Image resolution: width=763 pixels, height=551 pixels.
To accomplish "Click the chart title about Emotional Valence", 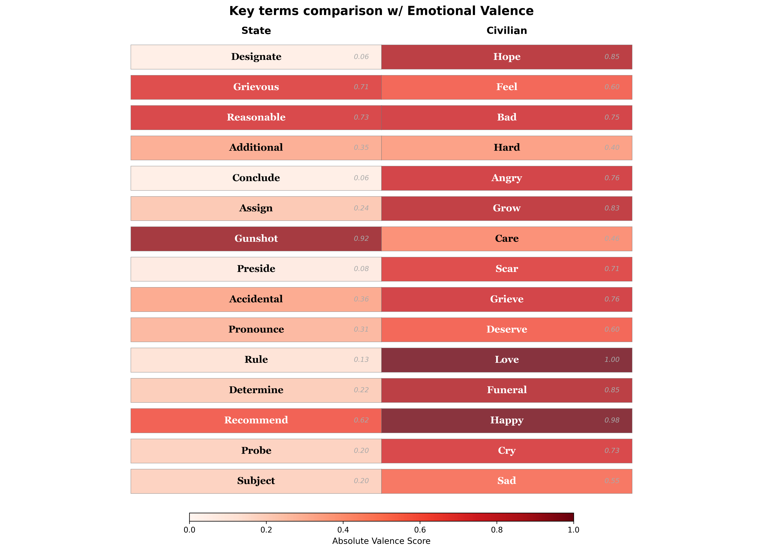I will tap(381, 11).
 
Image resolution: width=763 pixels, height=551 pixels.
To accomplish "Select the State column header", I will tap(256, 31).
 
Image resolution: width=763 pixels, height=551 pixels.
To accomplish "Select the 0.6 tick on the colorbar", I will tap(420, 530).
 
